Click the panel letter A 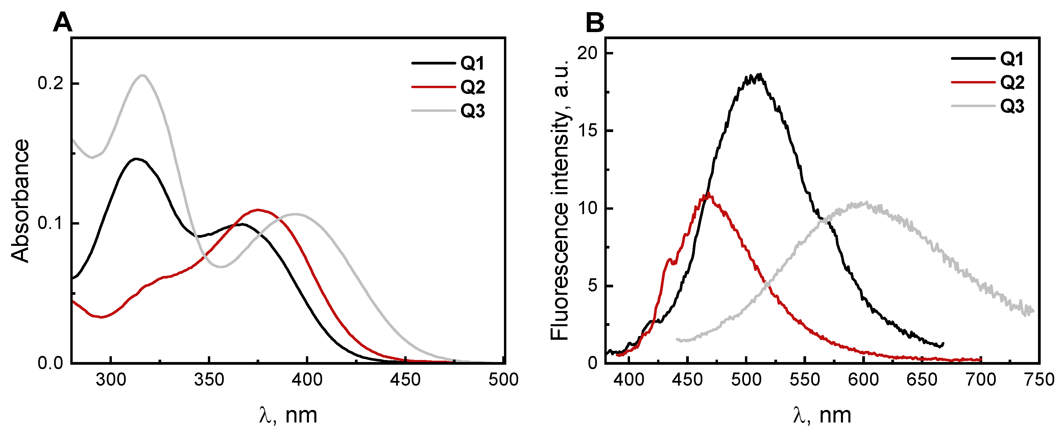pyautogui.click(x=63, y=22)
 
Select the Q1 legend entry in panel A pyautogui.click(x=472, y=63)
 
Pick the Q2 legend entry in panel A pyautogui.click(x=472, y=87)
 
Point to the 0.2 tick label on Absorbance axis pyautogui.click(x=50, y=83)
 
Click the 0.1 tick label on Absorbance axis pyautogui.click(x=50, y=223)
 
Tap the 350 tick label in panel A pyautogui.click(x=209, y=380)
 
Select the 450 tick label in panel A pyautogui.click(x=405, y=380)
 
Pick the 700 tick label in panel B pyautogui.click(x=981, y=380)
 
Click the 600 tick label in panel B pyautogui.click(x=863, y=380)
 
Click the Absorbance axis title pyautogui.click(x=21, y=201)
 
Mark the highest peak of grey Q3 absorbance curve pyautogui.click(x=142, y=75)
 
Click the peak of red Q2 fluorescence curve pyautogui.click(x=708, y=194)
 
